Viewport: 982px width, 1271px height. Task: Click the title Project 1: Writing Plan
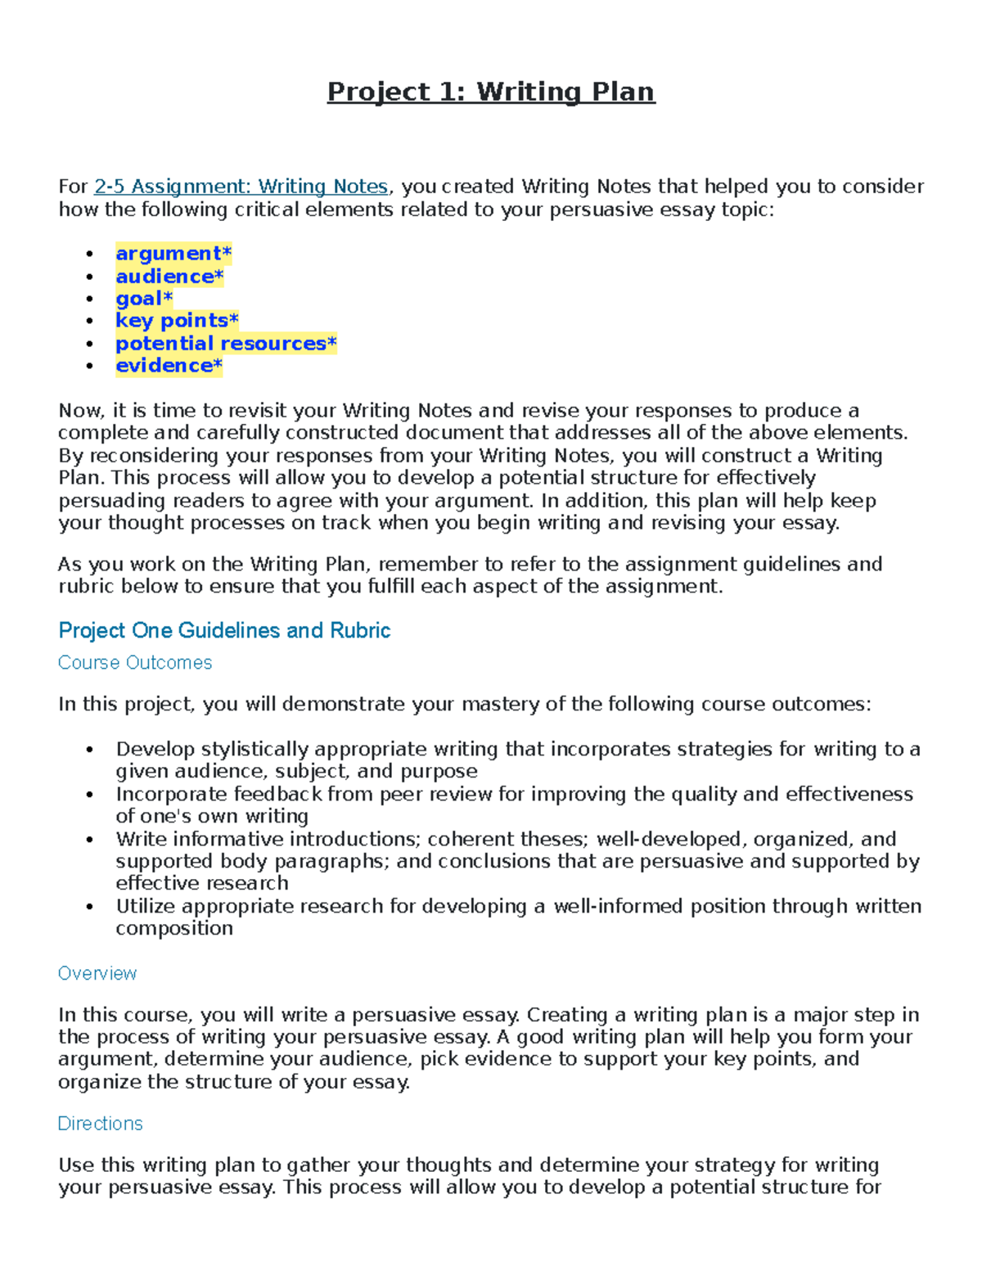pos(491,92)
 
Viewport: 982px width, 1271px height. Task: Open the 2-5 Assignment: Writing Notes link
pos(241,187)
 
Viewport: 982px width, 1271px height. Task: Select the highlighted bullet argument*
pos(173,254)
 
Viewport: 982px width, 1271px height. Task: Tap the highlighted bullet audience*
pos(169,277)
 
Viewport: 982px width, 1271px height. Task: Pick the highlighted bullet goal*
pos(144,299)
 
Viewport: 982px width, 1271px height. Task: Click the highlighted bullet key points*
pos(177,321)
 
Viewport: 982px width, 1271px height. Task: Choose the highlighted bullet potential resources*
pos(226,344)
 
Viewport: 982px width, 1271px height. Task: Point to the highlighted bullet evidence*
pos(169,366)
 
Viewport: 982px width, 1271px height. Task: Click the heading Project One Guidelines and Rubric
pos(224,630)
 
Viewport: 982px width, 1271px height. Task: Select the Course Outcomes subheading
pos(135,663)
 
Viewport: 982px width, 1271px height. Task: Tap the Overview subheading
pos(97,973)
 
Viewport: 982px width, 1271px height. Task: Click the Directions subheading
pos(100,1124)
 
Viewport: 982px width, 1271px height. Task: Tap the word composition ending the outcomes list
pos(174,929)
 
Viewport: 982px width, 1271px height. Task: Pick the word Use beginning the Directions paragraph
pos(74,1165)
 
